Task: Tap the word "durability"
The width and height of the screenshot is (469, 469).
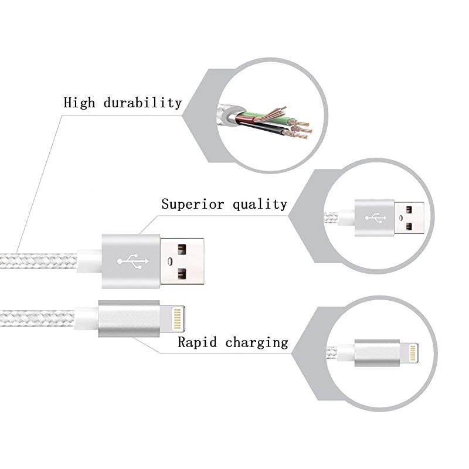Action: [143, 103]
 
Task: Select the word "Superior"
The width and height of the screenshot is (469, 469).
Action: [191, 204]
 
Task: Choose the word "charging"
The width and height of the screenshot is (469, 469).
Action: [257, 342]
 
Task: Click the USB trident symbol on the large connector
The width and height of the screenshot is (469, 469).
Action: [130, 261]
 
